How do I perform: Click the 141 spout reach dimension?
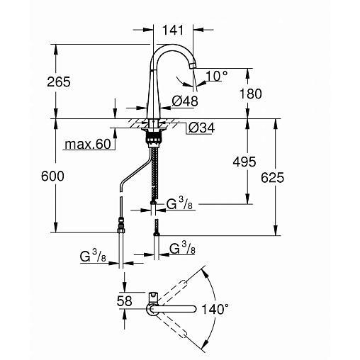click(x=173, y=30)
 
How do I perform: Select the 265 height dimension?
click(x=59, y=81)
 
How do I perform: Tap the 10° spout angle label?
click(x=217, y=76)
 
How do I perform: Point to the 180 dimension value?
click(x=251, y=94)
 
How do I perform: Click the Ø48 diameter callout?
click(x=185, y=101)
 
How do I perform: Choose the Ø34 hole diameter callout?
click(x=201, y=128)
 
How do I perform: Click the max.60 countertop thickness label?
click(x=88, y=144)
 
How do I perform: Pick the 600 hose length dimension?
click(x=52, y=176)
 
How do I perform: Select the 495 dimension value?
click(x=244, y=162)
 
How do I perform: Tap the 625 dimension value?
click(x=272, y=177)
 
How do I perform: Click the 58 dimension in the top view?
click(x=125, y=301)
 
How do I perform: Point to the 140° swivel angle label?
click(x=215, y=309)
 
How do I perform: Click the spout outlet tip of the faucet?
click(x=193, y=66)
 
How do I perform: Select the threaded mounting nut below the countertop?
click(x=154, y=137)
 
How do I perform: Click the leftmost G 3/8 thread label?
click(x=93, y=256)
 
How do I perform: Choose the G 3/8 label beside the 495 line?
click(x=179, y=203)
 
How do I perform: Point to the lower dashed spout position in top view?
click(x=172, y=326)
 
